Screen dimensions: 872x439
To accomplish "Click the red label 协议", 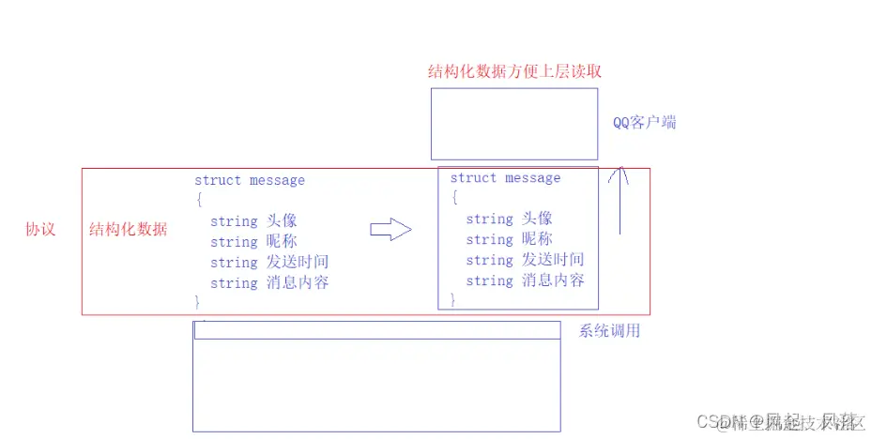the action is coord(39,229).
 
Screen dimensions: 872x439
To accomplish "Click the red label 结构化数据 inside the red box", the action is coord(128,229).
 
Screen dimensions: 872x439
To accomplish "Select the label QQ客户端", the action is coord(644,123).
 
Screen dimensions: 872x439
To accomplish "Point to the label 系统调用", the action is coord(610,330).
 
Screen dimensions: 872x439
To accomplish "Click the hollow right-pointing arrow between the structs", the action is coord(390,230).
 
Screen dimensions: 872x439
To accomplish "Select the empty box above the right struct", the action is coord(513,124).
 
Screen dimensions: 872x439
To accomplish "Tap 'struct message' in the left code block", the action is coord(250,180).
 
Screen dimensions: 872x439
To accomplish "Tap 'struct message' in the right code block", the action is coord(505,178).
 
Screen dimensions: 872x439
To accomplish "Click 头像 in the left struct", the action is coord(282,221).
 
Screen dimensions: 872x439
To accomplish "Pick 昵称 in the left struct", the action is coord(282,242).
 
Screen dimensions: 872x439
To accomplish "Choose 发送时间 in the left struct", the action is coord(298,263).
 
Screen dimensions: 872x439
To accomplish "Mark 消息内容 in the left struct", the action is coord(298,283).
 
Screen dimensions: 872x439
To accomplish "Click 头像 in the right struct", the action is coord(537,219).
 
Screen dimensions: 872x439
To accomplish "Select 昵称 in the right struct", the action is coord(537,240).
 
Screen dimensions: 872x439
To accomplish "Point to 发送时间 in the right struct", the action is coord(553,261).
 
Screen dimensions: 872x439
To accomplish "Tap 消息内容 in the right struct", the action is coord(553,281).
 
